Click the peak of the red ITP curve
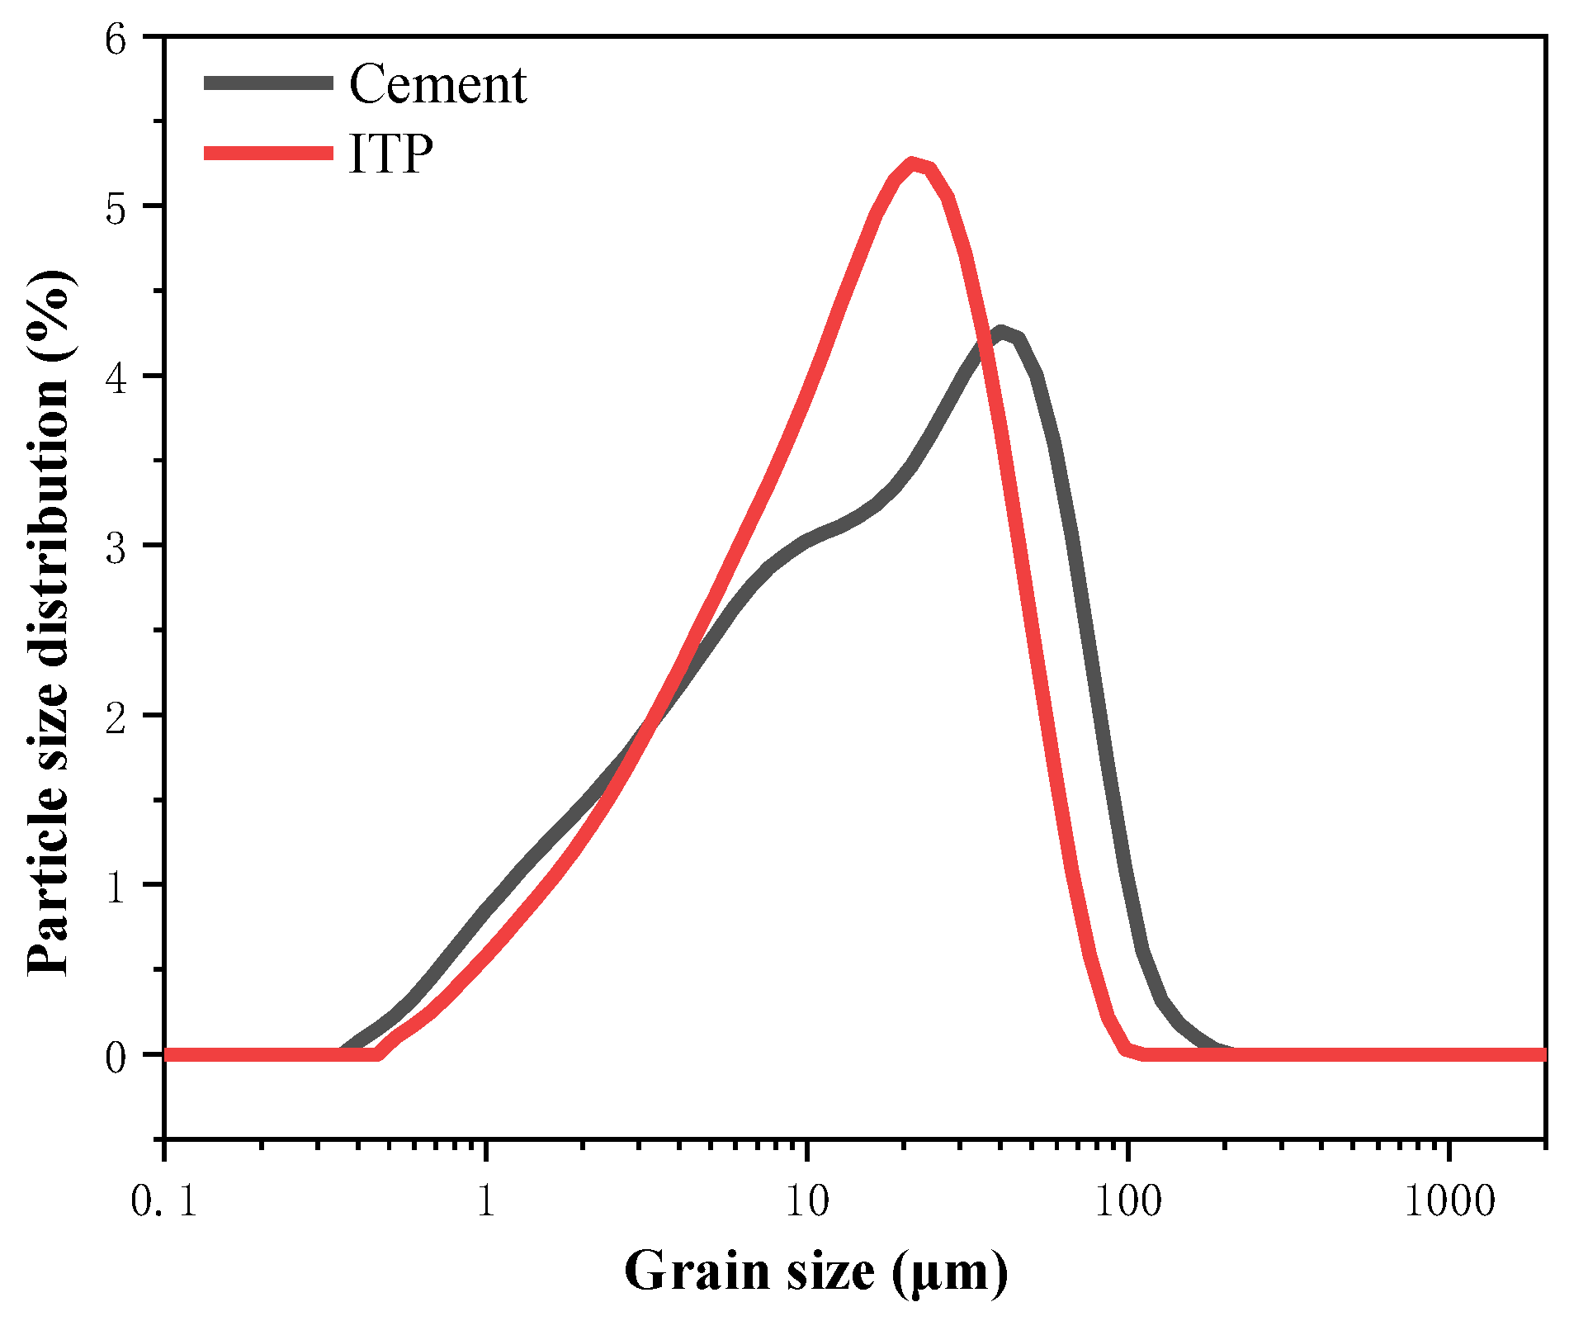tap(911, 163)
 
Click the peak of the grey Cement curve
tap(1001, 333)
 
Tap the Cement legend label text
tap(437, 84)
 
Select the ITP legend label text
tap(391, 153)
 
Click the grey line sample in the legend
tap(269, 83)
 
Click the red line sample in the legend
tap(269, 153)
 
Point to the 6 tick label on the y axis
tap(116, 39)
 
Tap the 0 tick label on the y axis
tap(116, 1056)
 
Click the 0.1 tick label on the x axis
tap(164, 1201)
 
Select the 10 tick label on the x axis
tap(806, 1201)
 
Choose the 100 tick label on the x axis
tap(1127, 1201)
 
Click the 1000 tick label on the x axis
tap(1449, 1201)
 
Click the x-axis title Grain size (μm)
tap(815, 1271)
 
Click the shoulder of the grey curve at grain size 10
tap(806, 542)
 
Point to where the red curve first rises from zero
tap(378, 1053)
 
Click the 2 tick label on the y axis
tap(116, 717)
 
